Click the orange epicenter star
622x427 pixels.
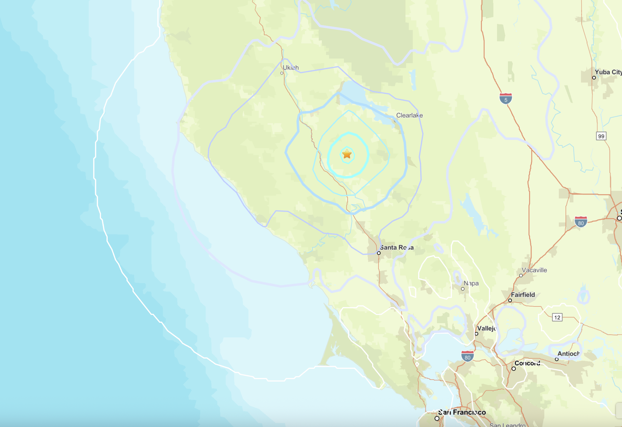click(347, 154)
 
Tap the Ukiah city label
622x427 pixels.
click(291, 68)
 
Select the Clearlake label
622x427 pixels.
click(409, 115)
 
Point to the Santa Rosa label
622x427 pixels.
click(397, 247)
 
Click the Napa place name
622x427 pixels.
click(471, 283)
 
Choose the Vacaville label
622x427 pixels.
click(534, 270)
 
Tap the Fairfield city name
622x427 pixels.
click(523, 295)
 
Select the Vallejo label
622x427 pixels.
click(487, 328)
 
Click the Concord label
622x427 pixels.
click(527, 363)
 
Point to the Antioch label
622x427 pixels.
click(569, 353)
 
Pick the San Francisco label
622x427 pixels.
click(462, 412)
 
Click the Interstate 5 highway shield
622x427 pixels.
click(506, 99)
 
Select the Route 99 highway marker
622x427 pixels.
click(601, 136)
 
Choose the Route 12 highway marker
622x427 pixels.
click(557, 318)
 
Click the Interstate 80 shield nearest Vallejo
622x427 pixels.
click(467, 356)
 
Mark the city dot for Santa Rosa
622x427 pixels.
click(379, 253)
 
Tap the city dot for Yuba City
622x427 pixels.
click(594, 77)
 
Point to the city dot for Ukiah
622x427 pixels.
click(282, 73)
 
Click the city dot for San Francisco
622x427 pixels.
click(437, 418)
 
